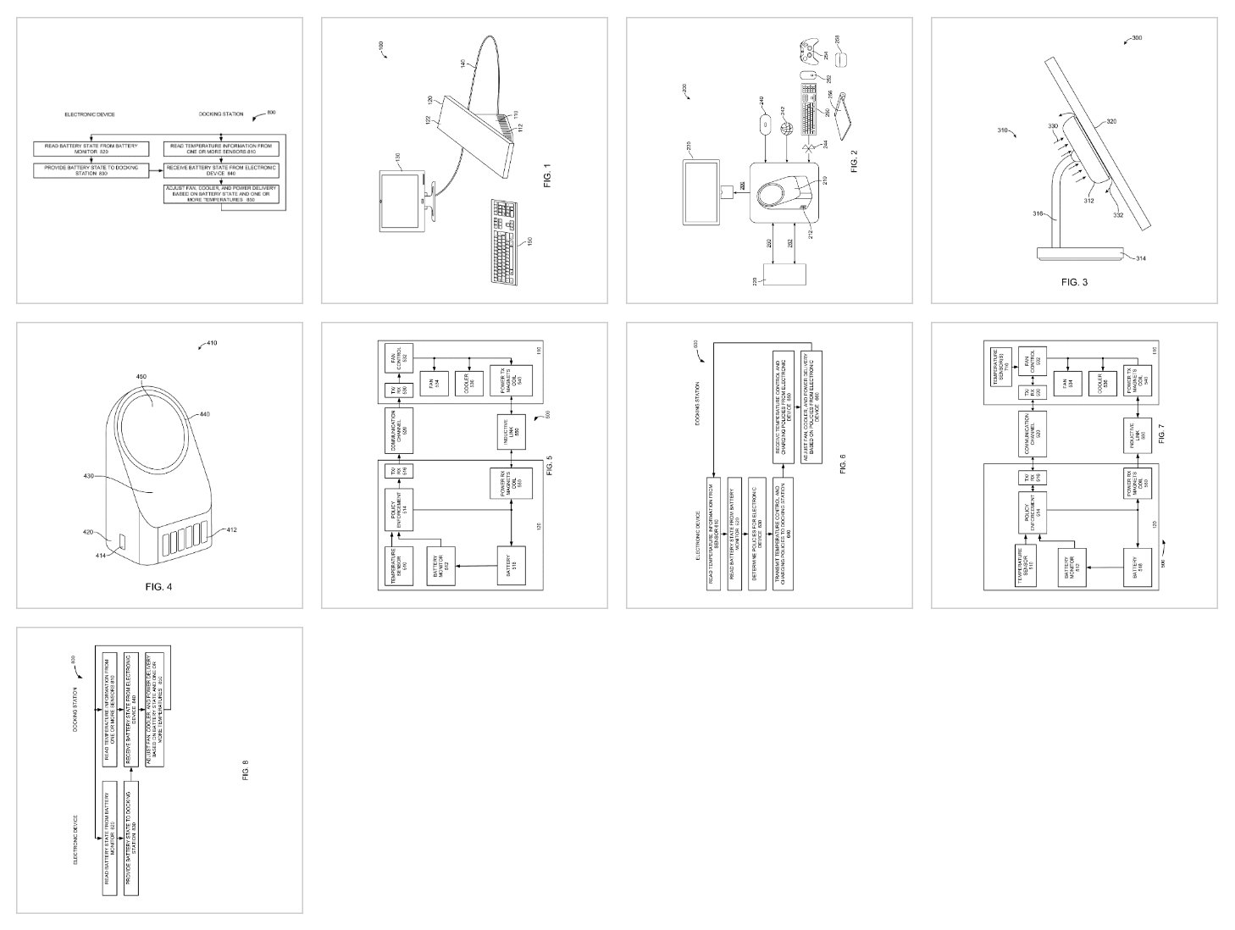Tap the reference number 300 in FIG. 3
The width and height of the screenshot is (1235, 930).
pyautogui.click(x=1137, y=38)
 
